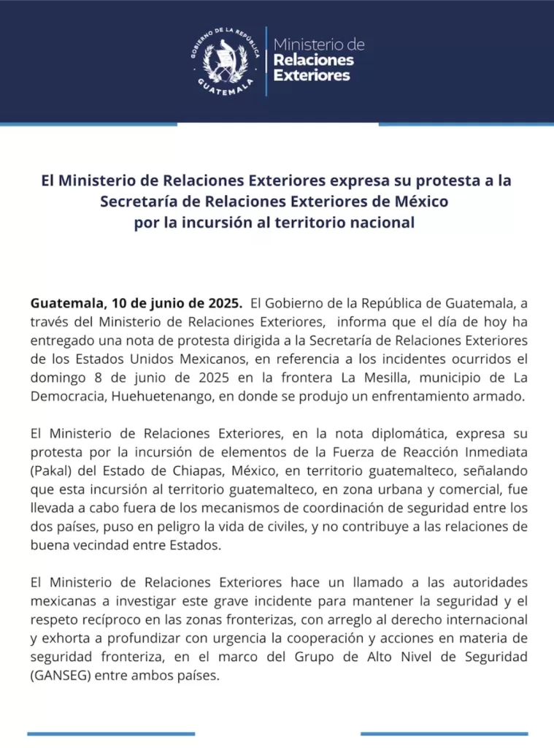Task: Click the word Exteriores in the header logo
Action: point(311,75)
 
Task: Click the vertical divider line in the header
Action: point(265,61)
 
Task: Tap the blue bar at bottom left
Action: point(111,733)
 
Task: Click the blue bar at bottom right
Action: point(444,733)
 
